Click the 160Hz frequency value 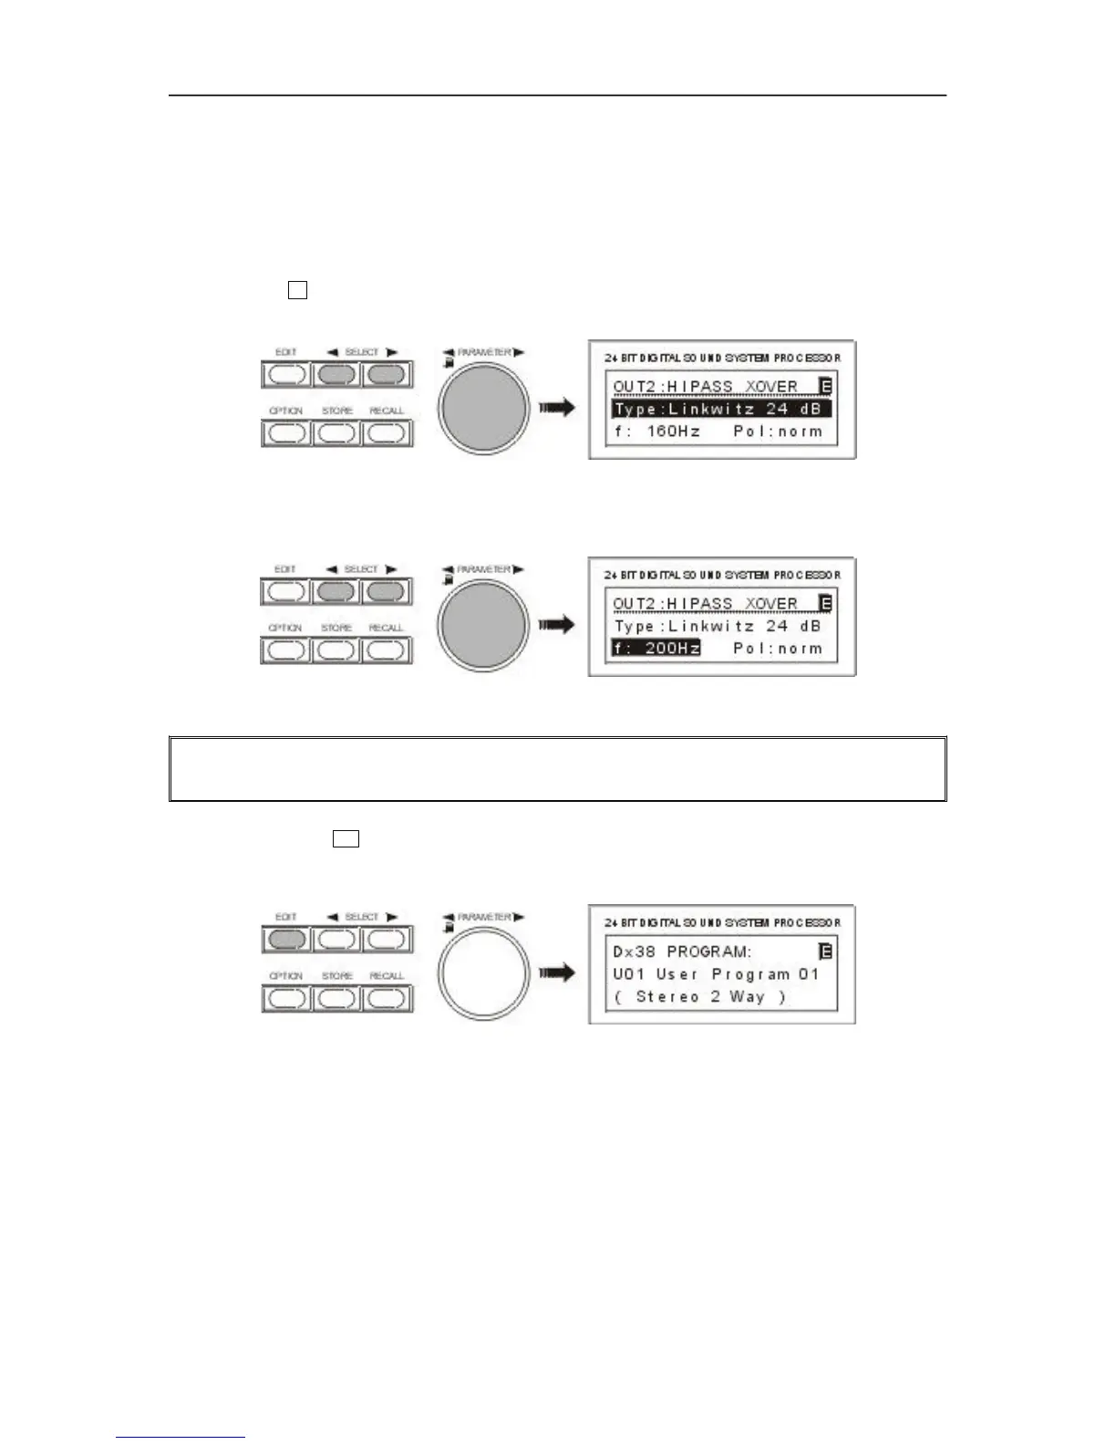pyautogui.click(x=673, y=431)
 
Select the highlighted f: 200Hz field pyautogui.click(x=656, y=649)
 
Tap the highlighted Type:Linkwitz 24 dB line pyautogui.click(x=720, y=410)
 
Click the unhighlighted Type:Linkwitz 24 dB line pyautogui.click(x=717, y=627)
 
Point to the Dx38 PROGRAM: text pyautogui.click(x=682, y=951)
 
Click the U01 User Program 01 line pyautogui.click(x=716, y=974)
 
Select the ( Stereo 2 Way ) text pyautogui.click(x=699, y=997)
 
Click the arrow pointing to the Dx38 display pyautogui.click(x=556, y=972)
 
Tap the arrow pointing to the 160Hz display pyautogui.click(x=556, y=408)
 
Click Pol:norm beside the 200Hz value pyautogui.click(x=777, y=649)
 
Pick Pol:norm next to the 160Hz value pyautogui.click(x=777, y=431)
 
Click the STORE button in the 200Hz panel pyautogui.click(x=336, y=650)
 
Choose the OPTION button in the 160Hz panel pyautogui.click(x=286, y=432)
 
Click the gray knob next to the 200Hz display pyautogui.click(x=483, y=625)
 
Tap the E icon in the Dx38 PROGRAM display pyautogui.click(x=826, y=951)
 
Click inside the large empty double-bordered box pyautogui.click(x=557, y=769)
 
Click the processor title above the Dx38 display pyautogui.click(x=722, y=923)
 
